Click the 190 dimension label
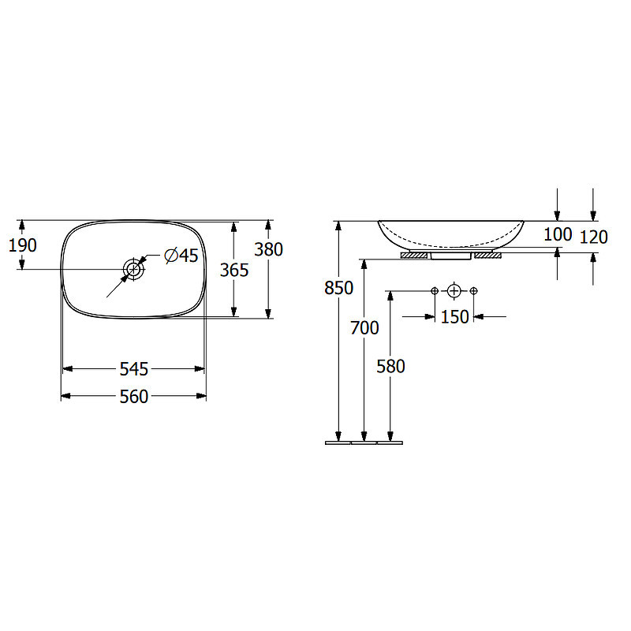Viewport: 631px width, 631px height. (23, 245)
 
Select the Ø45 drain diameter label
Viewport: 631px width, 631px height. (181, 255)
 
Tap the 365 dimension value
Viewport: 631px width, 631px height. (234, 270)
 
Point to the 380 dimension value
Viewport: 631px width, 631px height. (268, 249)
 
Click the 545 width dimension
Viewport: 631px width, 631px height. (134, 369)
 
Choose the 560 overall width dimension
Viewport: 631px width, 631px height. (134, 397)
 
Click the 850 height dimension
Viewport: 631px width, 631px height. (339, 288)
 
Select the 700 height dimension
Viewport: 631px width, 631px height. (364, 328)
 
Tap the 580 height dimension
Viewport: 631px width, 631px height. (390, 366)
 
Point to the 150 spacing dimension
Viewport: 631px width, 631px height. (455, 317)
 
